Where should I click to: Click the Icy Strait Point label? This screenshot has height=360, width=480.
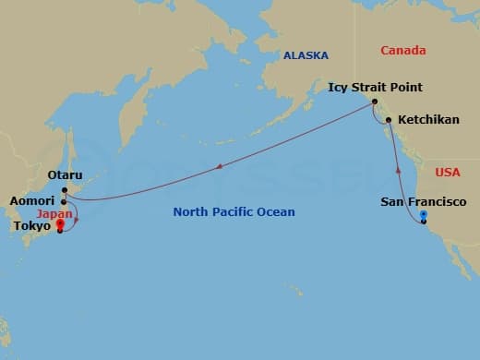pyautogui.click(x=375, y=88)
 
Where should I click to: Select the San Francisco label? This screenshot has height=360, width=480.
pyautogui.click(x=423, y=202)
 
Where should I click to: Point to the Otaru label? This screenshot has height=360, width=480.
pyautogui.click(x=65, y=175)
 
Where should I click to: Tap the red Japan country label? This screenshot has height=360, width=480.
pyautogui.click(x=54, y=213)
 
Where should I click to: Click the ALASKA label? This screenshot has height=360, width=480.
pyautogui.click(x=306, y=55)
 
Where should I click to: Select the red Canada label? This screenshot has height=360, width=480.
pyautogui.click(x=409, y=50)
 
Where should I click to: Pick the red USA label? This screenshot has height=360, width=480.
pyautogui.click(x=447, y=173)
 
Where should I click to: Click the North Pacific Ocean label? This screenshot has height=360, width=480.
pyautogui.click(x=234, y=212)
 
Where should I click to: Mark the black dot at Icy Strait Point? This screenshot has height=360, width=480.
pyautogui.click(x=375, y=102)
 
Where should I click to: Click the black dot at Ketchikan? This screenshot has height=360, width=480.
pyautogui.click(x=389, y=120)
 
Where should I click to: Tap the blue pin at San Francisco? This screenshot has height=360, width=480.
pyautogui.click(x=423, y=217)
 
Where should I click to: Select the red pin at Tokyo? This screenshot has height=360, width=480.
pyautogui.click(x=60, y=224)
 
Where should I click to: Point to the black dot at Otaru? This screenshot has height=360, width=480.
pyautogui.click(x=65, y=190)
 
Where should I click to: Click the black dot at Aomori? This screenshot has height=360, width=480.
pyautogui.click(x=63, y=201)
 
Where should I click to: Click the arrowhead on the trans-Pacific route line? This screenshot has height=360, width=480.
pyautogui.click(x=219, y=168)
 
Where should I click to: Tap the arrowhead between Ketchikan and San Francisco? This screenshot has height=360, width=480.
pyautogui.click(x=399, y=169)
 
